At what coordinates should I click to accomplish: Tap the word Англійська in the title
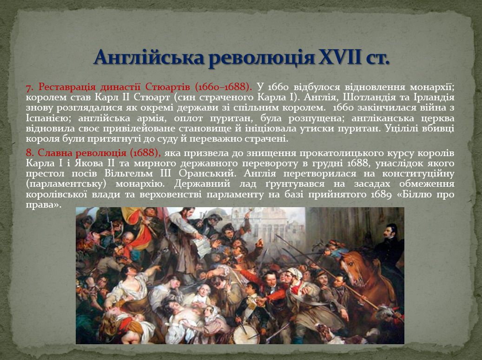click(x=149, y=58)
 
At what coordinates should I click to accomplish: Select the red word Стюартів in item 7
click(x=168, y=87)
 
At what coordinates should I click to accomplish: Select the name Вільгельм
click(x=128, y=174)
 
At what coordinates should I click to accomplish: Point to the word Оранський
click(x=208, y=174)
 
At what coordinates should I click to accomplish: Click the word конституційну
click(x=418, y=174)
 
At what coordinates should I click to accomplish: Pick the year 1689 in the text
click(x=381, y=195)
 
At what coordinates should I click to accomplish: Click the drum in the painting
click(x=245, y=334)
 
